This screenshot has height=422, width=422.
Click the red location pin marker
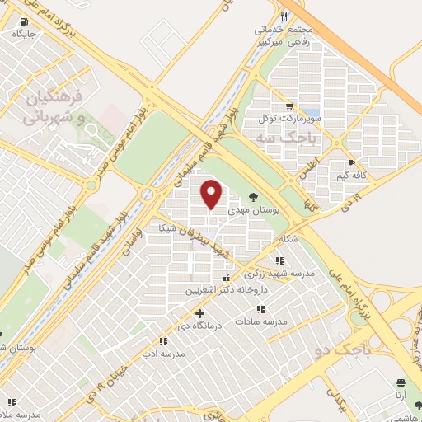point(212,195)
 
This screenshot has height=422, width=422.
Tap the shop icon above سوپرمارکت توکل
point(288,105)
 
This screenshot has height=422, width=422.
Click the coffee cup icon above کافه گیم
point(352,163)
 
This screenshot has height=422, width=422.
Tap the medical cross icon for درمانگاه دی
point(199,313)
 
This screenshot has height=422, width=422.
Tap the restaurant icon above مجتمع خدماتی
point(285,16)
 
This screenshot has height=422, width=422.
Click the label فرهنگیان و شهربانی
point(54,107)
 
